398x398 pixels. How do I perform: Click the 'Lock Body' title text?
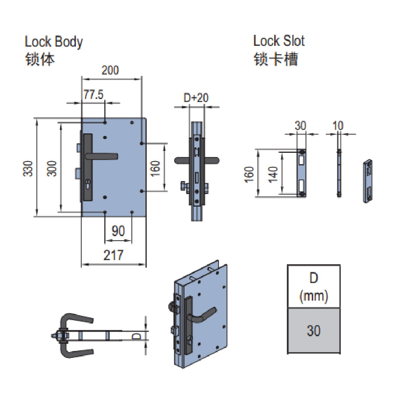pyautogui.click(x=53, y=42)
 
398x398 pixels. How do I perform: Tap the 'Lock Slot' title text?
pyautogui.click(x=279, y=41)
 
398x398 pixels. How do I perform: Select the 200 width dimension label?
pyautogui.click(x=110, y=70)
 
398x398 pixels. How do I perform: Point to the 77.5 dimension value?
pyautogui.click(x=94, y=95)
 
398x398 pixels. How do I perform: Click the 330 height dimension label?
pyautogui.click(x=28, y=168)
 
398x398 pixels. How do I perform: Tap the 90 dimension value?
pyautogui.click(x=118, y=231)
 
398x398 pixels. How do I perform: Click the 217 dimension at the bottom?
pyautogui.click(x=113, y=255)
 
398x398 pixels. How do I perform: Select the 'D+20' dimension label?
pyautogui.click(x=196, y=98)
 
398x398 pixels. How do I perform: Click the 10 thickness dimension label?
pyautogui.click(x=338, y=125)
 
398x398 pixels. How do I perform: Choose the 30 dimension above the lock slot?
pyautogui.click(x=301, y=125)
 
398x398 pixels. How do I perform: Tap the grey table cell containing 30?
pyautogui.click(x=314, y=330)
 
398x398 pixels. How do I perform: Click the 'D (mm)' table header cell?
pyautogui.click(x=314, y=286)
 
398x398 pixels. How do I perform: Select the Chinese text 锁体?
pyautogui.click(x=40, y=59)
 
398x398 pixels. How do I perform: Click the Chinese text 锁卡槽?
pyautogui.click(x=275, y=59)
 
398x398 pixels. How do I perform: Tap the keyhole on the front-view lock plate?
pyautogui.click(x=88, y=184)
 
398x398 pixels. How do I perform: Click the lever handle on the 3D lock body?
pyautogui.click(x=207, y=315)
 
